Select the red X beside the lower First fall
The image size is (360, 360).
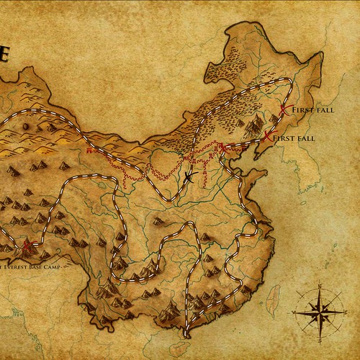point(268,136)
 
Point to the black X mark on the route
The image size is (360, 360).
point(189,176)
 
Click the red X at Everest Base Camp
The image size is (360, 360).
point(27,248)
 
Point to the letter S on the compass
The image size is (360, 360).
point(316,333)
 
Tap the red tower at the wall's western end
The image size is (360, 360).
point(89,152)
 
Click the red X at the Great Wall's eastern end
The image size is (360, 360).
point(222,149)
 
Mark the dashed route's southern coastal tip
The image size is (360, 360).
point(186,333)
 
